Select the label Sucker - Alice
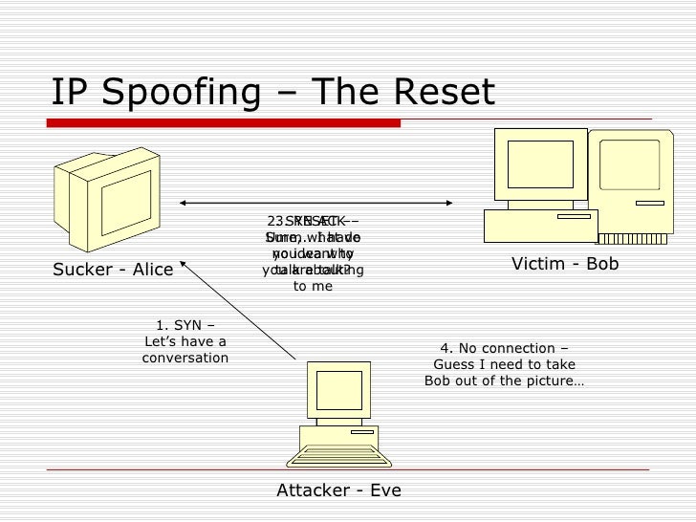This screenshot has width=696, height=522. pyautogui.click(x=113, y=270)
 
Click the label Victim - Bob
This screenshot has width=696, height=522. pyautogui.click(x=565, y=263)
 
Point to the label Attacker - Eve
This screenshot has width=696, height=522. pyautogui.click(x=338, y=490)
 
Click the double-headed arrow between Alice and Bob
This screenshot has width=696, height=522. pyautogui.click(x=316, y=203)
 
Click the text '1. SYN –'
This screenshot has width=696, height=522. pyautogui.click(x=185, y=325)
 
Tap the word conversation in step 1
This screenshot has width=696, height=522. pyautogui.click(x=185, y=359)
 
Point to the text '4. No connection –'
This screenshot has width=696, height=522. pyautogui.click(x=504, y=348)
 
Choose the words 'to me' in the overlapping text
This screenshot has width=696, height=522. pyautogui.click(x=312, y=286)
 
